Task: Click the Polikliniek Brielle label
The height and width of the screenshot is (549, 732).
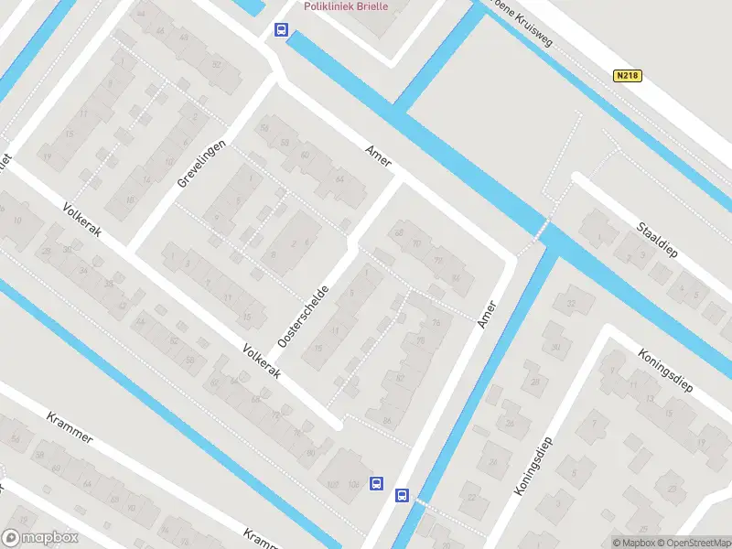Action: pos(346,6)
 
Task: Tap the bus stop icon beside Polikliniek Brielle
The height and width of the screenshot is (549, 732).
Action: pos(280,29)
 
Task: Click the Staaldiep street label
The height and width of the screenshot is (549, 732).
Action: pos(657,240)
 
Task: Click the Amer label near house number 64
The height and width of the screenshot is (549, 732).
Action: pos(378,155)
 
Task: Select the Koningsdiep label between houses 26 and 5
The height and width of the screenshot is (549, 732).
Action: pos(534,466)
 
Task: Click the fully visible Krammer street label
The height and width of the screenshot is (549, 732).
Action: pos(70,426)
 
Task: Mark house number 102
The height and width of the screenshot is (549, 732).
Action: pos(332,483)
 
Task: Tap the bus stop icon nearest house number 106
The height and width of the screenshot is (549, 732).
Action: pos(375,483)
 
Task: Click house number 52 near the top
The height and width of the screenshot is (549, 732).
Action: pos(216,65)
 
